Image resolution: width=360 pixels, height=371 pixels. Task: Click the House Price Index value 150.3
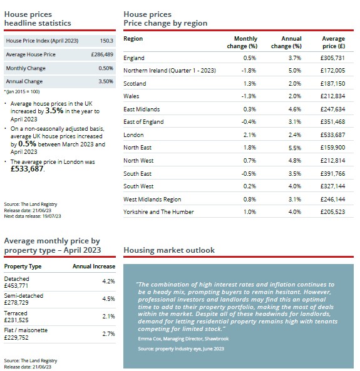106,41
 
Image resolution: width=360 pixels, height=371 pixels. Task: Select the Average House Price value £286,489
102,54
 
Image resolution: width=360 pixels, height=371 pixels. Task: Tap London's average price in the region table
332,135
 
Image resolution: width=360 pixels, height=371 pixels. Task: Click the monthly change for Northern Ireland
249,71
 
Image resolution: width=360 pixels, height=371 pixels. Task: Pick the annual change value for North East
295,148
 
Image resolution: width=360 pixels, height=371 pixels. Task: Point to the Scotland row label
135,84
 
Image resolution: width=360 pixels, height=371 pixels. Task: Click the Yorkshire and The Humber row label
158,211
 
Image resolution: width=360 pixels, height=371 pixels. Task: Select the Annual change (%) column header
286,43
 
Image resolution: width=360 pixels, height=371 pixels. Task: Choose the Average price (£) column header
333,43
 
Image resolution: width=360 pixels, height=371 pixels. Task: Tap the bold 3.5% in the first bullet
54,111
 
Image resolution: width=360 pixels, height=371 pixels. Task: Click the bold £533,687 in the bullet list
27,169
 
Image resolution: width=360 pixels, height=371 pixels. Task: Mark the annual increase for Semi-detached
108,299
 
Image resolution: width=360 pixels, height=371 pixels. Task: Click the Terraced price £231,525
16,320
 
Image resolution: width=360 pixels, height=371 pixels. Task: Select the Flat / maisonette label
26,330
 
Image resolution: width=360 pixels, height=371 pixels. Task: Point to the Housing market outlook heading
169,250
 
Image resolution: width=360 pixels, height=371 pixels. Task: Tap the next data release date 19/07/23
51,216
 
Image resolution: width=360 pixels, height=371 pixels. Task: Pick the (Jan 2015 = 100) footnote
22,92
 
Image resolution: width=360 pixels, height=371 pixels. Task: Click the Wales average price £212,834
332,96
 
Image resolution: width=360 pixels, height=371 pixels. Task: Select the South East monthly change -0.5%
249,174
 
